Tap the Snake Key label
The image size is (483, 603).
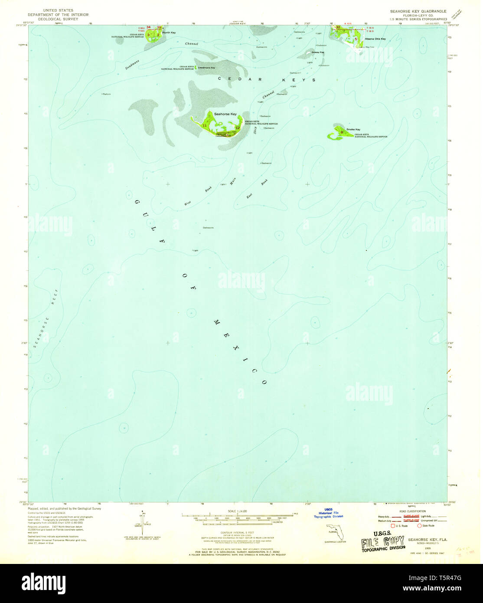coord(353,129)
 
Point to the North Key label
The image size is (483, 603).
coord(169,33)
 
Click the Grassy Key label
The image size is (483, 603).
coord(318,52)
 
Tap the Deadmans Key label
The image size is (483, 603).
coord(206,68)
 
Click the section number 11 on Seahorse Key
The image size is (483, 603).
coord(204,125)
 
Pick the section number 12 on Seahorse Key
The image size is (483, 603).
coord(237,128)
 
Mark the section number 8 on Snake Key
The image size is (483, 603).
coord(342,132)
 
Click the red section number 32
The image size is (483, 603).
coord(338,27)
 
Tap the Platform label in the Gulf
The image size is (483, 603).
coord(106,94)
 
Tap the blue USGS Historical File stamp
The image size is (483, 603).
coord(328,513)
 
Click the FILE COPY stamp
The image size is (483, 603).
coord(382,542)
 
